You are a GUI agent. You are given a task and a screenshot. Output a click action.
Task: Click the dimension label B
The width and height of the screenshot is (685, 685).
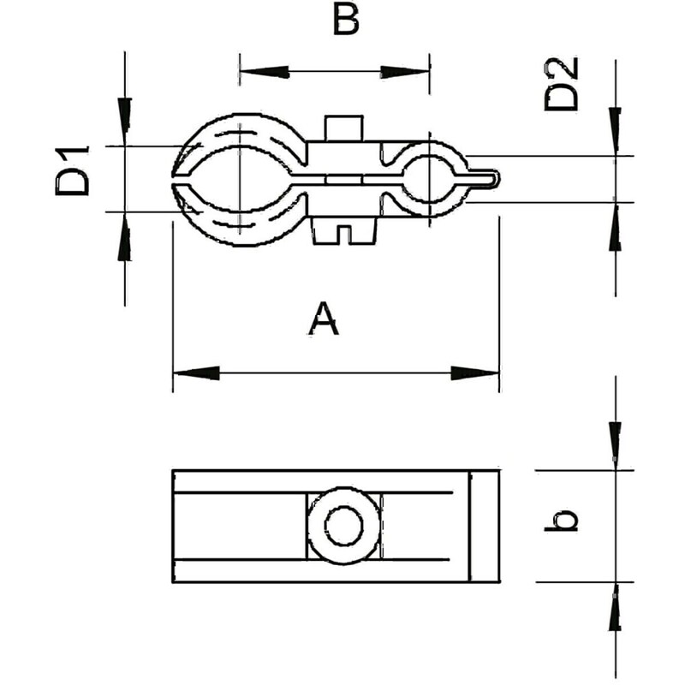344,21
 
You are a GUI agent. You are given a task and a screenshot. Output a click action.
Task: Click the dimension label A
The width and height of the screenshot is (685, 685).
324,319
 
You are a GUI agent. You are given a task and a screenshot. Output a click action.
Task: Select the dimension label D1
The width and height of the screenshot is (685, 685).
74,170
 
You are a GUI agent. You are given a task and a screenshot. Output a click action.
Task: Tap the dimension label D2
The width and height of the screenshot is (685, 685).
562,84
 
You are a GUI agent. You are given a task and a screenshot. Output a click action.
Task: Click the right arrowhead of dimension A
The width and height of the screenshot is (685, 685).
476,372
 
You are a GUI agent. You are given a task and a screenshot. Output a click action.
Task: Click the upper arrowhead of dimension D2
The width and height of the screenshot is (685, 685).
615,130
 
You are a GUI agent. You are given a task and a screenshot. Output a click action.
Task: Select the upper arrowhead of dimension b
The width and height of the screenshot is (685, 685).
615,445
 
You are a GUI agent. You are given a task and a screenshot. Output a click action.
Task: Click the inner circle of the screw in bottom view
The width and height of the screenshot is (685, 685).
343,526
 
